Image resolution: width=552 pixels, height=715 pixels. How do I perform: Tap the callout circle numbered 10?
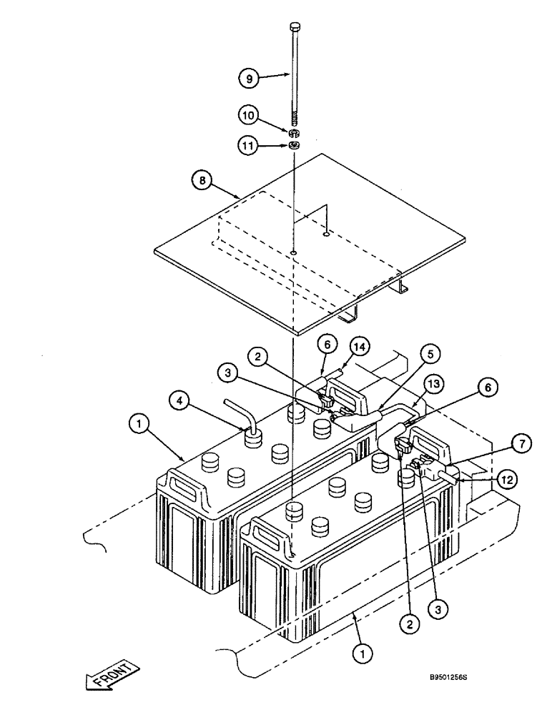(x=248, y=114)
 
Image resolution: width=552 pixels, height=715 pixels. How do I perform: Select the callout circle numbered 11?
(x=248, y=145)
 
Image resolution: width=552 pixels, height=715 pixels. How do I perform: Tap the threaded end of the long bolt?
(x=295, y=117)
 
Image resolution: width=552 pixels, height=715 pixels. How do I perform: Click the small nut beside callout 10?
(x=294, y=133)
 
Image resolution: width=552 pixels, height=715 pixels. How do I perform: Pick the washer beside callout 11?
(x=294, y=147)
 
